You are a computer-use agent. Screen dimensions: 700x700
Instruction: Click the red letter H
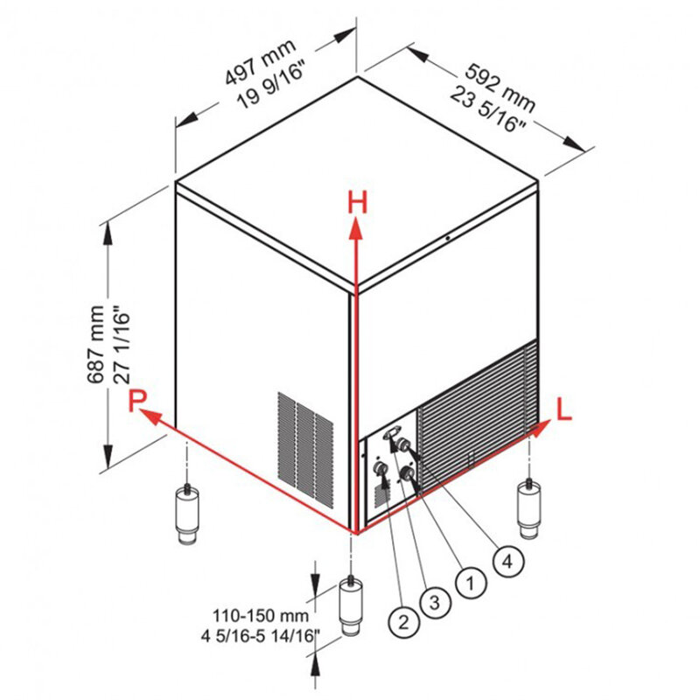pos(358,202)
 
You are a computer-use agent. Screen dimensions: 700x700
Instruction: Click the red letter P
pos(137,400)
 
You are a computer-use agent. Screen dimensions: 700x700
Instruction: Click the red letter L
pos(563,409)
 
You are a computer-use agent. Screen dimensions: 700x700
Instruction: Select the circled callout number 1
pos(471,583)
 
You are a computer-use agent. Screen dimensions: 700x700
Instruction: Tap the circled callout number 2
pos(403,621)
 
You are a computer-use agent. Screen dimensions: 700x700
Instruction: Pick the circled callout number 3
pos(435,603)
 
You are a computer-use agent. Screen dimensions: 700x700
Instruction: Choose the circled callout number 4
pos(508,561)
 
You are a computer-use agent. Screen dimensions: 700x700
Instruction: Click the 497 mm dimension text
pos(260,61)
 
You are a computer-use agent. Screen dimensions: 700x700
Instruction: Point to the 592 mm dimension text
pos(500,88)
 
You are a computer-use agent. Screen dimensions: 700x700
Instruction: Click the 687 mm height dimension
pos(95,344)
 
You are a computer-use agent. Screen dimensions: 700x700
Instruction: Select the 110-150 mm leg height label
pos(261,616)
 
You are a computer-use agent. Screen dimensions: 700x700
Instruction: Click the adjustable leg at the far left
pos(187,514)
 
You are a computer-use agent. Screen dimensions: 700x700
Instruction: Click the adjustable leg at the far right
pos(528,509)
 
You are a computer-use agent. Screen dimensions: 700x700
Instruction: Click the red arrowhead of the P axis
pos(151,416)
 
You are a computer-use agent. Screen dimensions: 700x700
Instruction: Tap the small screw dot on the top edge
pos(447,238)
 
